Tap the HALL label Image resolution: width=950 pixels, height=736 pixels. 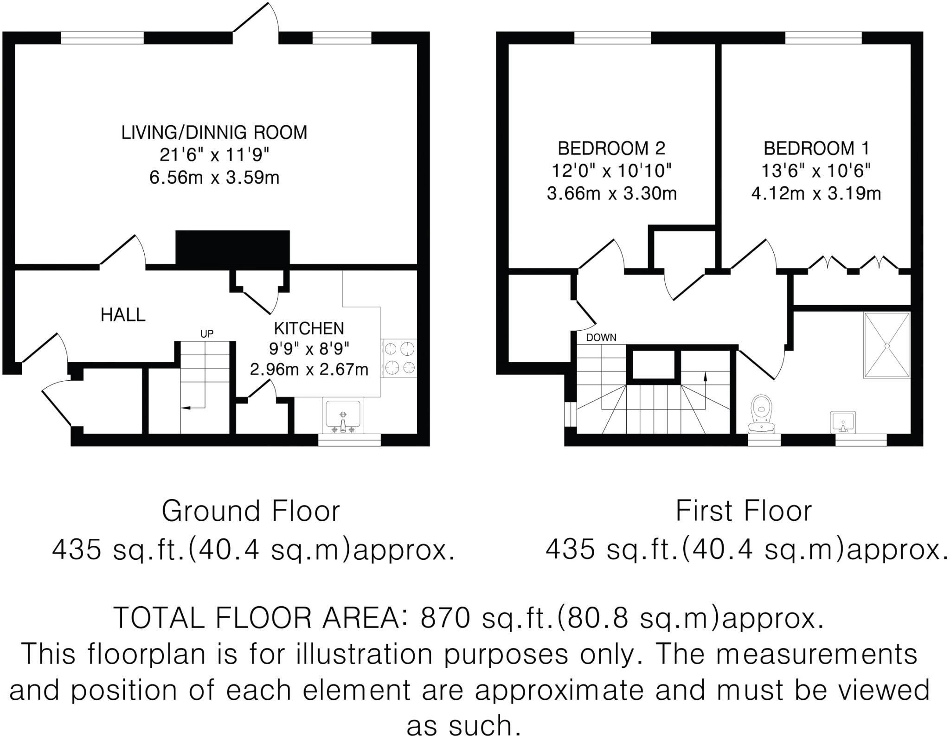pyautogui.click(x=123, y=315)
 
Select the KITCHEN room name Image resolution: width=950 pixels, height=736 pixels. pyautogui.click(x=309, y=328)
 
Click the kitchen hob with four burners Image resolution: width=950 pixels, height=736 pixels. pyautogui.click(x=399, y=357)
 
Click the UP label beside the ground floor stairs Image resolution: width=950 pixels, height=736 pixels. pyautogui.click(x=207, y=334)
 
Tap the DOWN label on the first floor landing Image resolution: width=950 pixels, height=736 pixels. pyautogui.click(x=601, y=338)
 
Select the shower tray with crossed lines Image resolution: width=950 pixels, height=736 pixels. pyautogui.click(x=886, y=346)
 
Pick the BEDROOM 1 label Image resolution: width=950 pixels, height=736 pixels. pyautogui.click(x=816, y=148)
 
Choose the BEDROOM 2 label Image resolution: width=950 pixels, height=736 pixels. pyautogui.click(x=611, y=148)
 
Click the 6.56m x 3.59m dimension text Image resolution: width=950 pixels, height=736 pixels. pyautogui.click(x=214, y=178)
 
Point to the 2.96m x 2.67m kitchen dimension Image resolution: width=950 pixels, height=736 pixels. pyautogui.click(x=309, y=370)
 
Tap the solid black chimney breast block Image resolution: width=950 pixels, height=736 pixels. pyautogui.click(x=232, y=249)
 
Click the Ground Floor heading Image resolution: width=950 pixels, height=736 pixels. pyautogui.click(x=250, y=511)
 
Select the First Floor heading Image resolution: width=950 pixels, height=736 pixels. pyautogui.click(x=744, y=511)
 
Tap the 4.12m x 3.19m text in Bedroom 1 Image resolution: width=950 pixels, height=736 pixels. pyautogui.click(x=816, y=193)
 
